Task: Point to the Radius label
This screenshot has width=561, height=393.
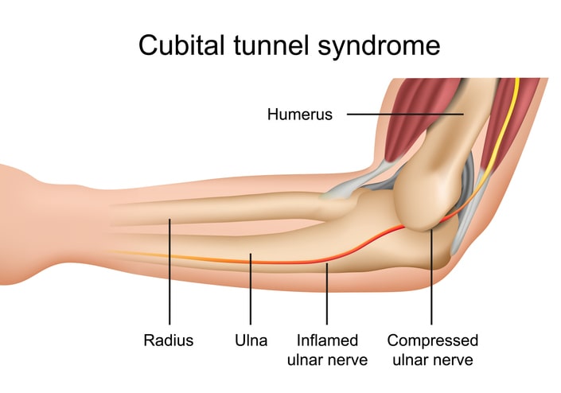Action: pos(169,340)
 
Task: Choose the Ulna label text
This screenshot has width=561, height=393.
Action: pos(251,340)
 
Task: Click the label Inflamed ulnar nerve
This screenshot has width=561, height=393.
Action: pos(327,350)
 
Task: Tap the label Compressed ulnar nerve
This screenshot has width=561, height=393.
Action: pos(432,350)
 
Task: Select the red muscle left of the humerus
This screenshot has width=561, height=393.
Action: pos(409,119)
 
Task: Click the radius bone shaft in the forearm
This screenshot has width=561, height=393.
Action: pos(223,212)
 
